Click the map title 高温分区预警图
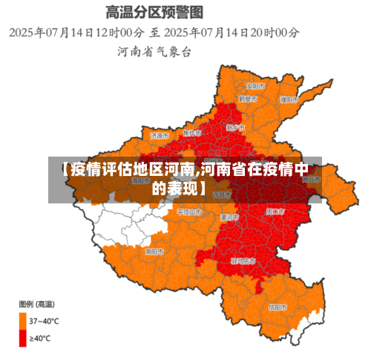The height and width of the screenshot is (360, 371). [x=154, y=13]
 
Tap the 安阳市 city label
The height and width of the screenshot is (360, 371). [x=257, y=84]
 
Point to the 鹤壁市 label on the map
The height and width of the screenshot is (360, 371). [x=248, y=98]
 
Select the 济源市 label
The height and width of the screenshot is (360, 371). [x=160, y=136]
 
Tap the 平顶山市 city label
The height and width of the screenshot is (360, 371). [x=189, y=212]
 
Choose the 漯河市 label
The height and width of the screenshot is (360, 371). [x=230, y=217]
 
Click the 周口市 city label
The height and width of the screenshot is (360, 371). [x=275, y=212]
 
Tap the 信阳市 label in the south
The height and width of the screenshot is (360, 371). [x=277, y=307]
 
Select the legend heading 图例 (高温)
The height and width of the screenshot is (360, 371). [x=35, y=305]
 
